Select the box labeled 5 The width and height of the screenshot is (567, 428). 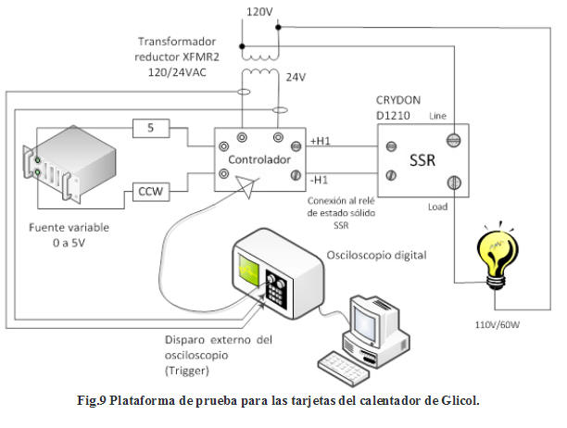click(152, 127)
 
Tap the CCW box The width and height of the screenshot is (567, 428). click(152, 192)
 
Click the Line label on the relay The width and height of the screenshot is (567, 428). click(438, 116)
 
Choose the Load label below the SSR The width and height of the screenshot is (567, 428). click(438, 208)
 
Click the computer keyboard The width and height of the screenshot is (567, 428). click(344, 360)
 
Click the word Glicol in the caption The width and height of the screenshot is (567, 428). click(453, 401)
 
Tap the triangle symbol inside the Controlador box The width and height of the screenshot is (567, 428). click(246, 185)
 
